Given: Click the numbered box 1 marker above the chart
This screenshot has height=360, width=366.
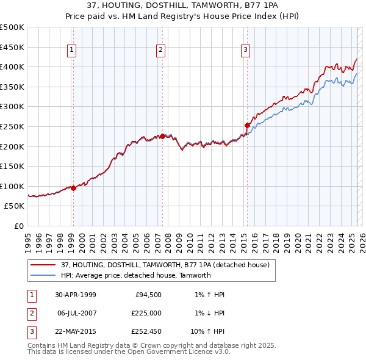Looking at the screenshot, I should coord(73,50).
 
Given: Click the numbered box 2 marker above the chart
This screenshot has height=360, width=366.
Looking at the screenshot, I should coord(161,50).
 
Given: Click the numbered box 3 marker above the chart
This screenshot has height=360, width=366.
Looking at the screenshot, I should coord(245,50).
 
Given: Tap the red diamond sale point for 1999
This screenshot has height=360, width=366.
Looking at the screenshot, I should coord(73,188).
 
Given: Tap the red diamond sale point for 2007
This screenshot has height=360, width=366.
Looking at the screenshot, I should coord(163,136).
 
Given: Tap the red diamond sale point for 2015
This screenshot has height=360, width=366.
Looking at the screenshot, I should coord(248,125).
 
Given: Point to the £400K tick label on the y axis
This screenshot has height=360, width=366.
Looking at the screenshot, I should coord(12,67).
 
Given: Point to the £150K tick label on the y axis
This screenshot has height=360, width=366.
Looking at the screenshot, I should coord(12,166).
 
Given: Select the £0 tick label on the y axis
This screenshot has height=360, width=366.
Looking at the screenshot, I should coord(18,226).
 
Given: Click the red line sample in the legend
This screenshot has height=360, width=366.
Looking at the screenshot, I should coord(43,265).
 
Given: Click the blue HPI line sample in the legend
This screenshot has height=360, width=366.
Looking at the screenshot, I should coord(43,275).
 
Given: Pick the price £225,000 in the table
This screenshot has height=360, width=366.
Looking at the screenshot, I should coord(146,313).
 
